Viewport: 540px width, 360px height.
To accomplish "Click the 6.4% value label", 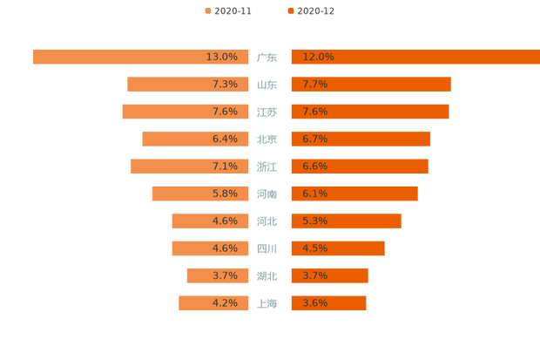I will [x=225, y=139].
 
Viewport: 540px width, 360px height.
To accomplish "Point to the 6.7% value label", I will [x=314, y=139].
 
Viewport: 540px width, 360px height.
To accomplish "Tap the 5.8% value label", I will [x=225, y=194].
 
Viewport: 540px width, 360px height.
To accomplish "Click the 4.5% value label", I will [x=314, y=248].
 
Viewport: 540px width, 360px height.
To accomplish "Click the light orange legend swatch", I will [x=207, y=11].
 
